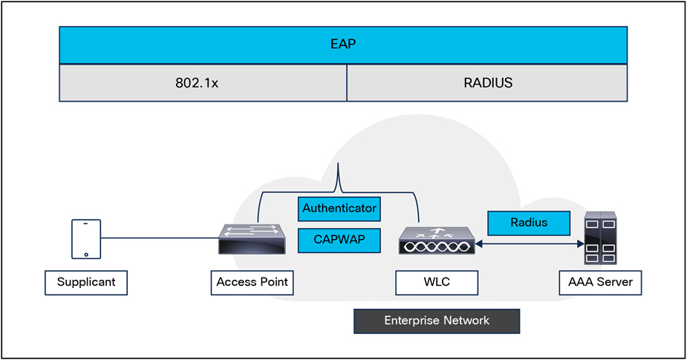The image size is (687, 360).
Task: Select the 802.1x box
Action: [202, 82]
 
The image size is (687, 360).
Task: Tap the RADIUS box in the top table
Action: [487, 82]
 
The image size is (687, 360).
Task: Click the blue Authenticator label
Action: [339, 209]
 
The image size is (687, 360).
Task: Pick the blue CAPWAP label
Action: [339, 239]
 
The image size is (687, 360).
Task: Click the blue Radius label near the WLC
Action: [529, 223]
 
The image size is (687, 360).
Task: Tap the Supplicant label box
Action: [86, 283]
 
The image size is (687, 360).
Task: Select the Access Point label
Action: [252, 283]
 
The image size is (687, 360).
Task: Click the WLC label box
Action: [437, 283]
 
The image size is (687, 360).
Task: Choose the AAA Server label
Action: [600, 283]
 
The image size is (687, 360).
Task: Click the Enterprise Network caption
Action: [436, 321]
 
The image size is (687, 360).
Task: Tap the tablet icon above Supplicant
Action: [85, 239]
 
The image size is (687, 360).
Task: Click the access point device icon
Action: [252, 239]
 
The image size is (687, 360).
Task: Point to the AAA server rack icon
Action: [600, 238]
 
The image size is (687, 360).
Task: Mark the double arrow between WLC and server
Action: [529, 243]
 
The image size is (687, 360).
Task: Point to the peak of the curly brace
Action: [339, 166]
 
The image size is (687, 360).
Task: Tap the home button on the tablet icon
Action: [86, 254]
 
